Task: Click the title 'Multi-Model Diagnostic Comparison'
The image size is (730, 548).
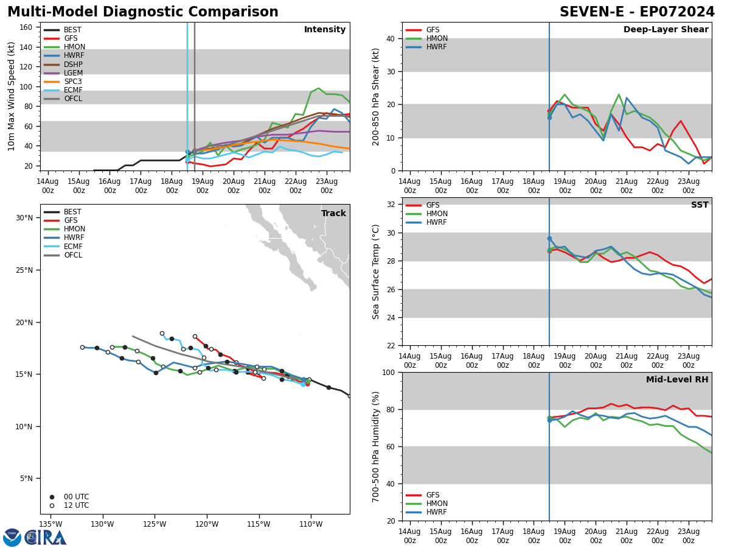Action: pos(142,12)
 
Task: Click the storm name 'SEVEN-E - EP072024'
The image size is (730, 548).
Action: pos(637,12)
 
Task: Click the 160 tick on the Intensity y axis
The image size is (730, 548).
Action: pos(26,27)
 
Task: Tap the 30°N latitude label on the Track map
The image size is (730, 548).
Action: pos(24,218)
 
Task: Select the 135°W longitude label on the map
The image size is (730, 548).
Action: pos(51,524)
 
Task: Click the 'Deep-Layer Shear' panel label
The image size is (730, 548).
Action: pos(666,30)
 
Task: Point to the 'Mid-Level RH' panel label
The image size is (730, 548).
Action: pos(677,380)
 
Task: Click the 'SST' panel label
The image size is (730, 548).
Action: pos(700,205)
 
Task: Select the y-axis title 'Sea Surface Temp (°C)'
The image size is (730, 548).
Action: pos(377,272)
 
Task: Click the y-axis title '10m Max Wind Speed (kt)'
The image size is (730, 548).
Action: pos(12,96)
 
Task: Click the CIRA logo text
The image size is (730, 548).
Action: pos(46,538)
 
